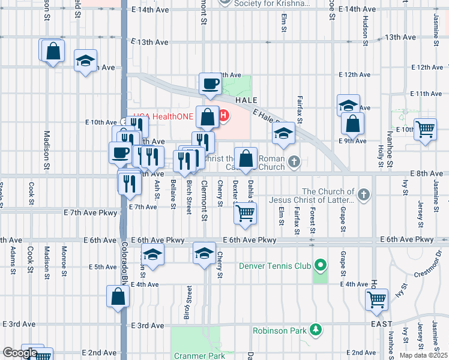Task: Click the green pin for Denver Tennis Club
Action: (x=321, y=265)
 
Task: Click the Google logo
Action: (x=20, y=353)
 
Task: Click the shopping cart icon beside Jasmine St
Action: (x=426, y=128)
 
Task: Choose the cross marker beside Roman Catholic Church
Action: (x=294, y=161)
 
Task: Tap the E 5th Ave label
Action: (x=103, y=266)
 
